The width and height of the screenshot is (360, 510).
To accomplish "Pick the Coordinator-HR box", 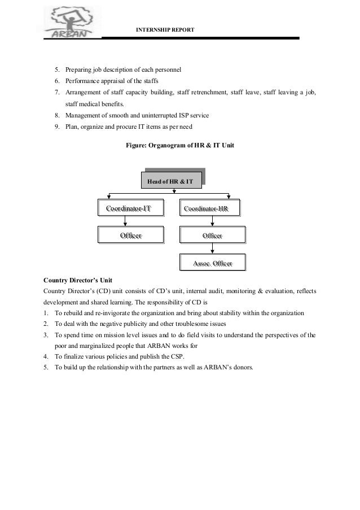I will pyautogui.click(x=209, y=209).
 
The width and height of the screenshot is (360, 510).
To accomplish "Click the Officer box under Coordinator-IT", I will pyautogui.click(x=130, y=235).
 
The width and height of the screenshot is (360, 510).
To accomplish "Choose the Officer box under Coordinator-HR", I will pyautogui.click(x=212, y=235).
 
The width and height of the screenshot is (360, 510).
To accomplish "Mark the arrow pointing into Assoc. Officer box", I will pyautogui.click(x=212, y=249).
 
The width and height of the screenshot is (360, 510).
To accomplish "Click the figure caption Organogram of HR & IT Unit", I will pyautogui.click(x=179, y=145).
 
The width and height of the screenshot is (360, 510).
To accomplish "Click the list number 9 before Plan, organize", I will pyautogui.click(x=58, y=127).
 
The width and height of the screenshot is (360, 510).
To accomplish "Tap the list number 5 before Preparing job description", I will pyautogui.click(x=58, y=70).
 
